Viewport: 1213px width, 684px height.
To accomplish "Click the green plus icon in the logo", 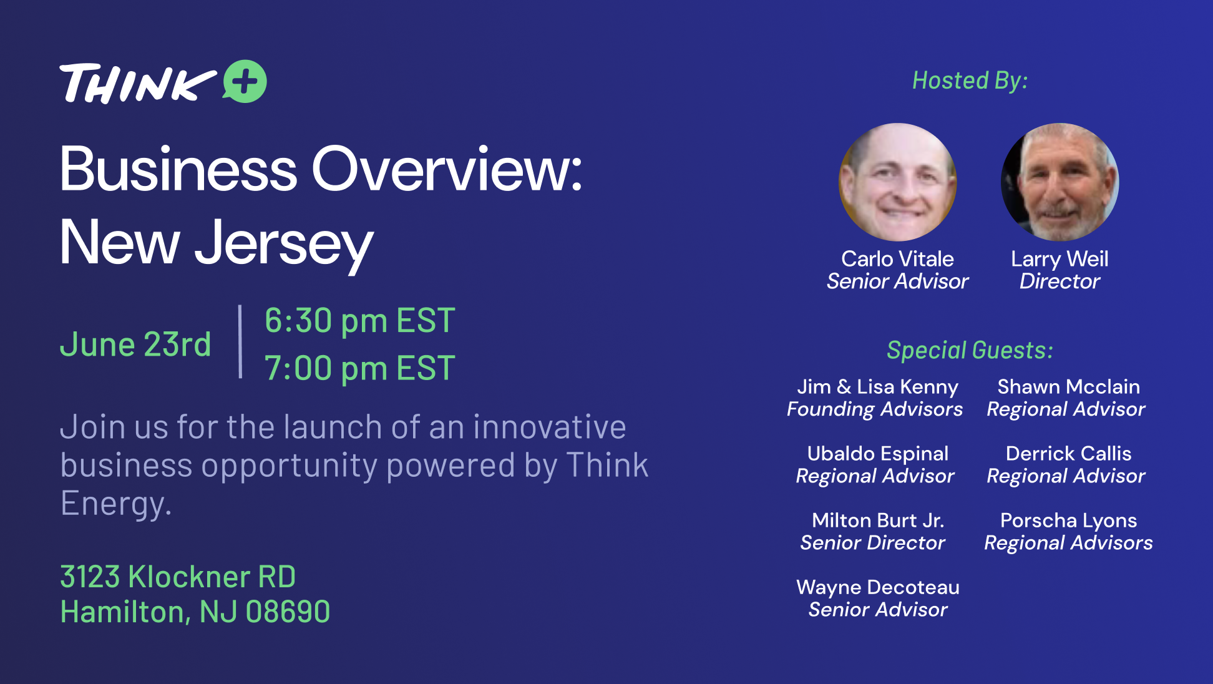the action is pos(245,81).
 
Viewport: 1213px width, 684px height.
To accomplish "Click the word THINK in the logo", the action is pos(138,83).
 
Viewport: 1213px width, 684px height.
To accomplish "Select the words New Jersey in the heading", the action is pos(217,243).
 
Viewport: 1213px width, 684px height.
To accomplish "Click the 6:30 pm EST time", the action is pos(360,321).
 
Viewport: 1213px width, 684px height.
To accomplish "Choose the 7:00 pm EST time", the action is pos(360,368).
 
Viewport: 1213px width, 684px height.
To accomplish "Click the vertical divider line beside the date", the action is pos(240,342).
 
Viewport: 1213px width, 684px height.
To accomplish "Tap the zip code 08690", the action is pos(288,612).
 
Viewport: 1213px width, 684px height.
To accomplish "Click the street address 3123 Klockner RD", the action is pos(178,577).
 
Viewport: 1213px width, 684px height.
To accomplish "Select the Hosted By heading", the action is pos(970,81).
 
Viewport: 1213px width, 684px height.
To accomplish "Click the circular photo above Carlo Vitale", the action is pos(898,182).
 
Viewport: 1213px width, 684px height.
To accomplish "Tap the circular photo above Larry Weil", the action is pos(1060,182).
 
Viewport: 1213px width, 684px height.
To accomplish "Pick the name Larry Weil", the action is pos(1060,258).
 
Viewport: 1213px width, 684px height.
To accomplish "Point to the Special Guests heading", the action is pos(970,350).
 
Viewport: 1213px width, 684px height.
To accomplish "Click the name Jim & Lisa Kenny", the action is pos(877,387).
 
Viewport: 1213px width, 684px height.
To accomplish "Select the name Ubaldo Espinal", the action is pos(878,454).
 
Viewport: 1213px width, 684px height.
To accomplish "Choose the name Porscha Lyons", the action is pos(1069,520).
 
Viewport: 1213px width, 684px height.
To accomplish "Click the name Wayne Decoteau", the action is pos(878,587).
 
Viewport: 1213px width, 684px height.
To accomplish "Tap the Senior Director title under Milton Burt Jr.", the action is pos(873,543).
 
